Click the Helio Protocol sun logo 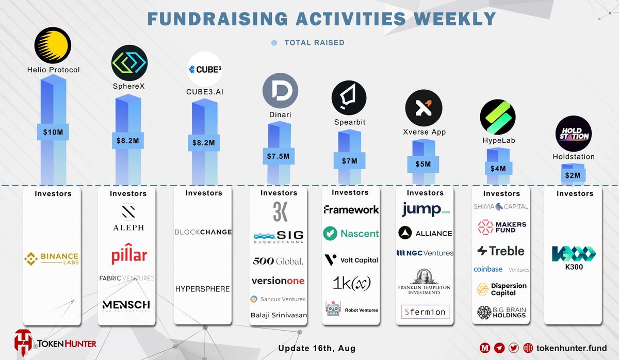[x=53, y=45]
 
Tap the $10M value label [x=53, y=132]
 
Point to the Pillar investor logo [x=129, y=255]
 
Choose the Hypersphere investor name [x=203, y=289]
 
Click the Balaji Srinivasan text [x=279, y=315]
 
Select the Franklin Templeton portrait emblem [x=425, y=276]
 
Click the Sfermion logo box [x=425, y=312]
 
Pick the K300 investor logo [x=574, y=255]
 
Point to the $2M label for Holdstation [x=573, y=175]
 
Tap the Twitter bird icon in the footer [x=513, y=348]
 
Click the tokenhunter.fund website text [x=572, y=348]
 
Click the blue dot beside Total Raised [x=274, y=43]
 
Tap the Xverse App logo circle [x=423, y=108]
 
